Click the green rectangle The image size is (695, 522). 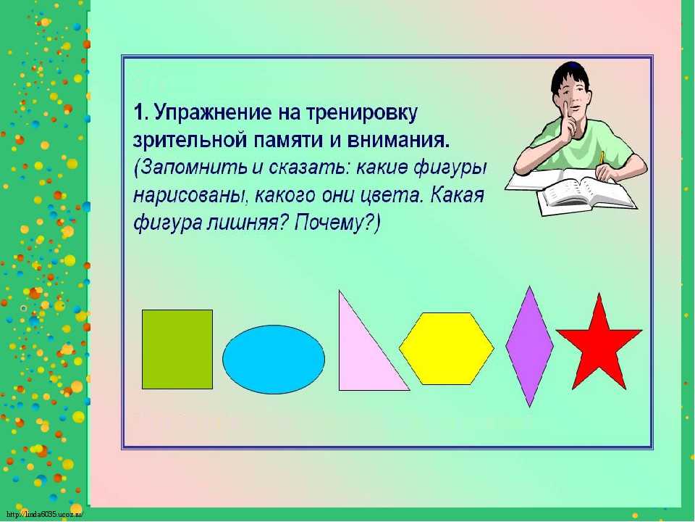[177, 349]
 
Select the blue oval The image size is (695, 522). [274, 359]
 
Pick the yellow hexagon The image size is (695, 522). [447, 349]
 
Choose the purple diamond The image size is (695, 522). [530, 347]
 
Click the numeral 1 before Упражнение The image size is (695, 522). [140, 112]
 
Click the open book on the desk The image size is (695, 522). [586, 191]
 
